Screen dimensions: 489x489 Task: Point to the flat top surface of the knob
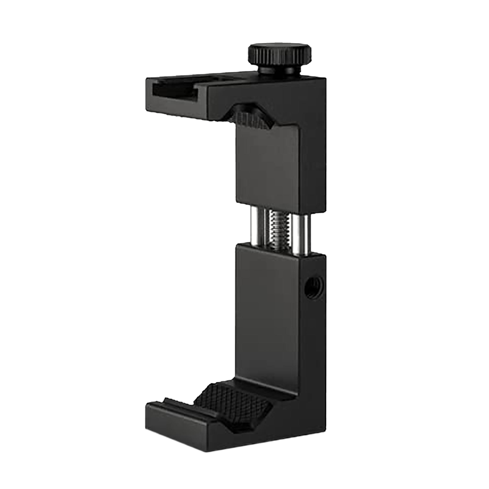[x=279, y=47]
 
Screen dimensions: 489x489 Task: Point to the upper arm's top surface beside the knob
[x=240, y=78]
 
